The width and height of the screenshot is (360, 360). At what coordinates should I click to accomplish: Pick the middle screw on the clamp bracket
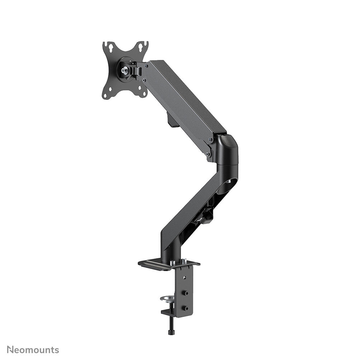186,293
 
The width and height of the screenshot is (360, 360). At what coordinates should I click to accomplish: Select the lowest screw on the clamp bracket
186,308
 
